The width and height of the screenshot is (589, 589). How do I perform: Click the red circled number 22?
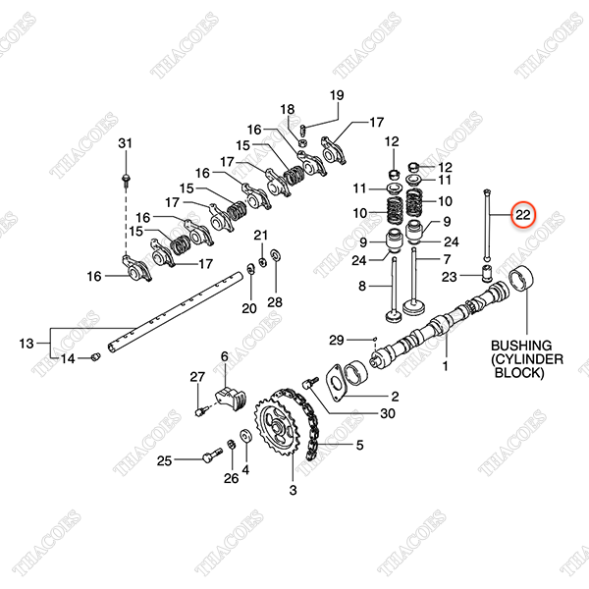click(x=523, y=215)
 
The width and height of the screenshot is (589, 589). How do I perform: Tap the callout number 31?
click(x=125, y=145)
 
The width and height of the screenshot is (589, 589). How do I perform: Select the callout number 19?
click(x=337, y=95)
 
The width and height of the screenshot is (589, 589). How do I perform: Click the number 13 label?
click(x=27, y=343)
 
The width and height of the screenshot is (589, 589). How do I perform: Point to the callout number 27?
click(x=195, y=377)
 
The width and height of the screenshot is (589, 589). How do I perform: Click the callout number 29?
click(x=337, y=340)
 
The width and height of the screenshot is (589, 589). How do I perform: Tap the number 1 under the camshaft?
click(x=445, y=367)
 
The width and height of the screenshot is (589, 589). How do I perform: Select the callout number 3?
click(x=292, y=488)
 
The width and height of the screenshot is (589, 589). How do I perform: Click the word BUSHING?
click(x=521, y=347)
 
